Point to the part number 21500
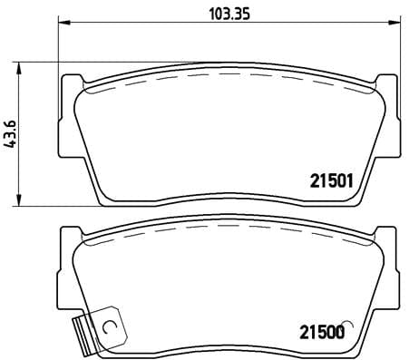317,333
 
